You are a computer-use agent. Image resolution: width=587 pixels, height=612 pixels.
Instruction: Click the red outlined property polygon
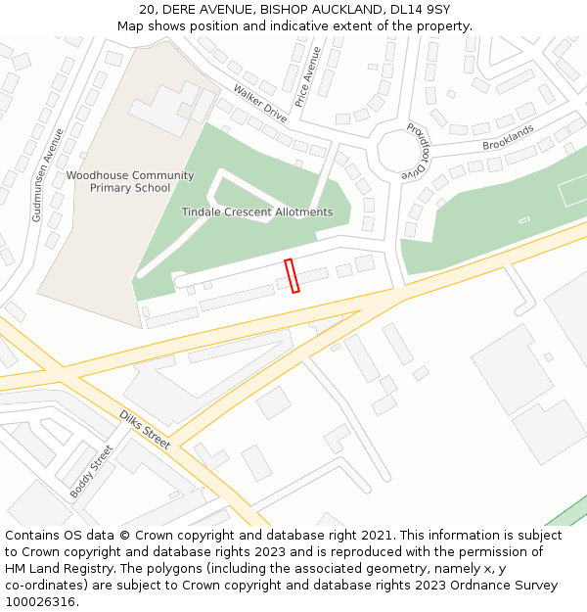(292, 275)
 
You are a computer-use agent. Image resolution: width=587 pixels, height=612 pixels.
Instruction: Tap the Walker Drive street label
(260, 103)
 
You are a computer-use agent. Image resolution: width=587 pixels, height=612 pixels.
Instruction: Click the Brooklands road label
(508, 138)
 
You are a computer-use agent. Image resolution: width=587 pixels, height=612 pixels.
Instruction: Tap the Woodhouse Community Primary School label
(130, 182)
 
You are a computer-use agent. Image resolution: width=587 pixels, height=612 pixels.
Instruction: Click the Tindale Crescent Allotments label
(257, 212)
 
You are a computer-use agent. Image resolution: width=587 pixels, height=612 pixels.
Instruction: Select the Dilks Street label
(145, 429)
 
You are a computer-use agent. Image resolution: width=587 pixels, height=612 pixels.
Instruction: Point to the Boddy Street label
(91, 472)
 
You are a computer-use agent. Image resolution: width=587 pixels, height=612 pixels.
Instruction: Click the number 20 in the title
(147, 10)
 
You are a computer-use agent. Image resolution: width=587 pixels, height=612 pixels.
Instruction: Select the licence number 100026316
(39, 602)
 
